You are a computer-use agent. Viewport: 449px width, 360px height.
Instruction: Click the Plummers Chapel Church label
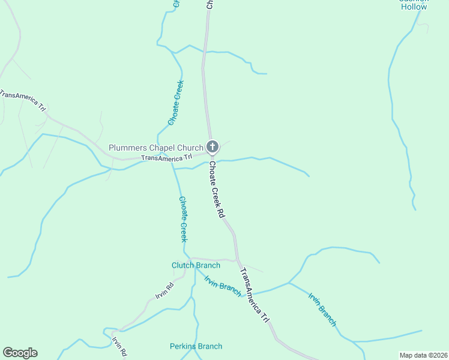[156, 148]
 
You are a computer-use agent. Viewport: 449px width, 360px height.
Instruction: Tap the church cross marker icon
[212, 146]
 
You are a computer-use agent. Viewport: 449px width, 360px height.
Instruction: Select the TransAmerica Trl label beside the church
[166, 158]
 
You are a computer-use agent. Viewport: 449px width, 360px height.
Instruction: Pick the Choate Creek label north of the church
[176, 103]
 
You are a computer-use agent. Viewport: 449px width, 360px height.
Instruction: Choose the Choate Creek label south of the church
[184, 219]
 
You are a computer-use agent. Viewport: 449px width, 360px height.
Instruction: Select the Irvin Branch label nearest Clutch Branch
[223, 286]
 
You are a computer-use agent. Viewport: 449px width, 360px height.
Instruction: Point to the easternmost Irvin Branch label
[322, 309]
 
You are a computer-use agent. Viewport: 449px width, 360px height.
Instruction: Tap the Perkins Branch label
[196, 346]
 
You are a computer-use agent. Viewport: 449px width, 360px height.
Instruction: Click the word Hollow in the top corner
[414, 7]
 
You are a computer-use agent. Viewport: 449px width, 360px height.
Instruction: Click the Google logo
[20, 353]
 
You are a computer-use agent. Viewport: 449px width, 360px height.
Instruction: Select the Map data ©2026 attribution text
[423, 355]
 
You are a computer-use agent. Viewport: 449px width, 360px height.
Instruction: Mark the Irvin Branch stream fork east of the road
[289, 283]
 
